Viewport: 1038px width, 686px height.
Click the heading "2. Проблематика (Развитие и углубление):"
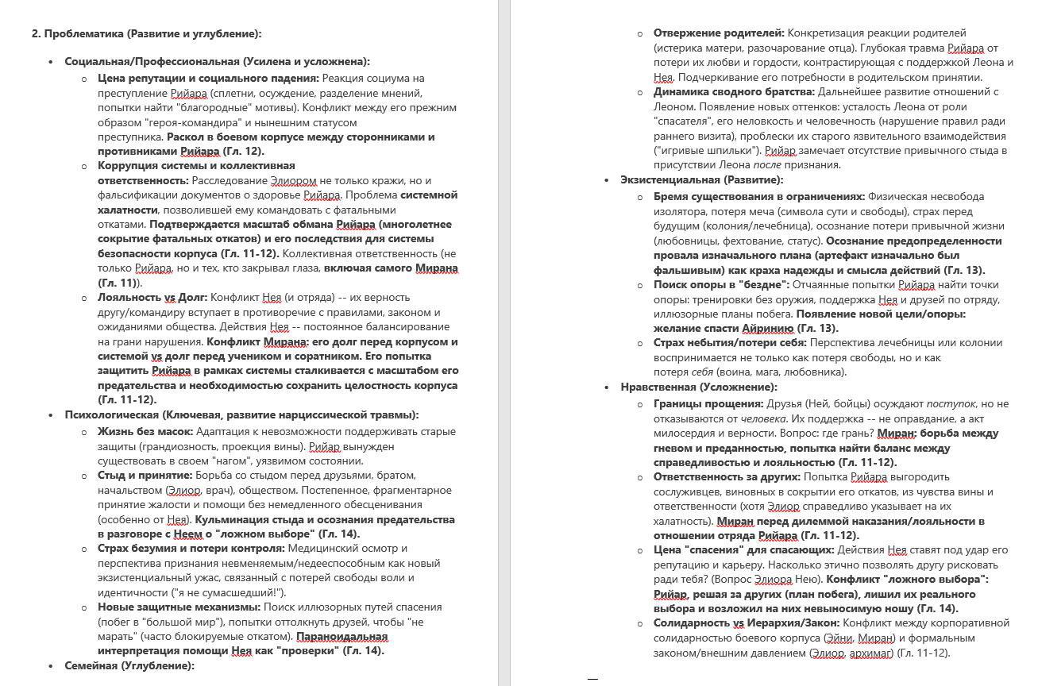pos(146,33)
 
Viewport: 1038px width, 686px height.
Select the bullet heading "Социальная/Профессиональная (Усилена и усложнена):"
pos(217,62)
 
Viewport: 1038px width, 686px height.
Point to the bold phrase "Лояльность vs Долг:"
pos(152,298)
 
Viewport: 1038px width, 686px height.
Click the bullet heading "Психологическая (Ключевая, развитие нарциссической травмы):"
pos(241,415)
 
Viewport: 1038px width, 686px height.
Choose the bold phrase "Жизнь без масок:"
pos(145,432)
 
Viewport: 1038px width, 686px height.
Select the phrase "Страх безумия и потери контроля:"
pos(191,549)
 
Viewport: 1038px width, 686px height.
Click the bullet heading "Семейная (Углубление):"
pos(129,666)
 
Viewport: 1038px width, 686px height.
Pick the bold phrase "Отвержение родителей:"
pos(719,33)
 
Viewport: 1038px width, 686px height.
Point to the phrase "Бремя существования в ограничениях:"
pos(758,197)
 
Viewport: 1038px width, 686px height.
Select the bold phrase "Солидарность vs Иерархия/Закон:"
pos(746,623)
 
